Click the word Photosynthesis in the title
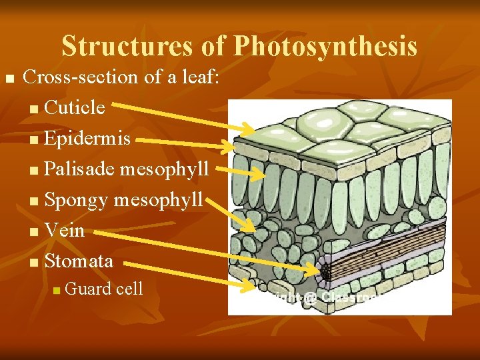pos(325,46)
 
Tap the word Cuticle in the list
pos(75,107)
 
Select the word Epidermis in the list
pos(87,138)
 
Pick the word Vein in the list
pos(64,230)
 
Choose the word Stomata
pos(79,260)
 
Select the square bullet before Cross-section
pos(9,79)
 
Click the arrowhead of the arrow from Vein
pos(320,269)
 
